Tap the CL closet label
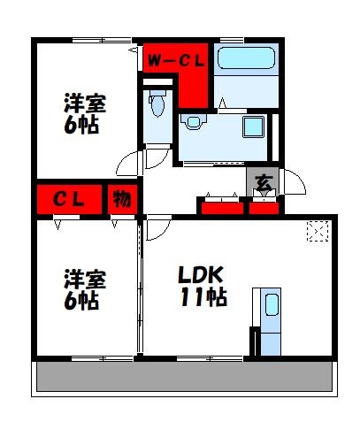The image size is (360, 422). [67, 199]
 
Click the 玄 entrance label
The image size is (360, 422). [264, 183]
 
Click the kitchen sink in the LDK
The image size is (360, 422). [271, 306]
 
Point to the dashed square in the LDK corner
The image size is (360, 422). [316, 232]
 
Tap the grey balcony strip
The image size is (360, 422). [186, 378]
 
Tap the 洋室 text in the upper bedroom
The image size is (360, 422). [84, 103]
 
